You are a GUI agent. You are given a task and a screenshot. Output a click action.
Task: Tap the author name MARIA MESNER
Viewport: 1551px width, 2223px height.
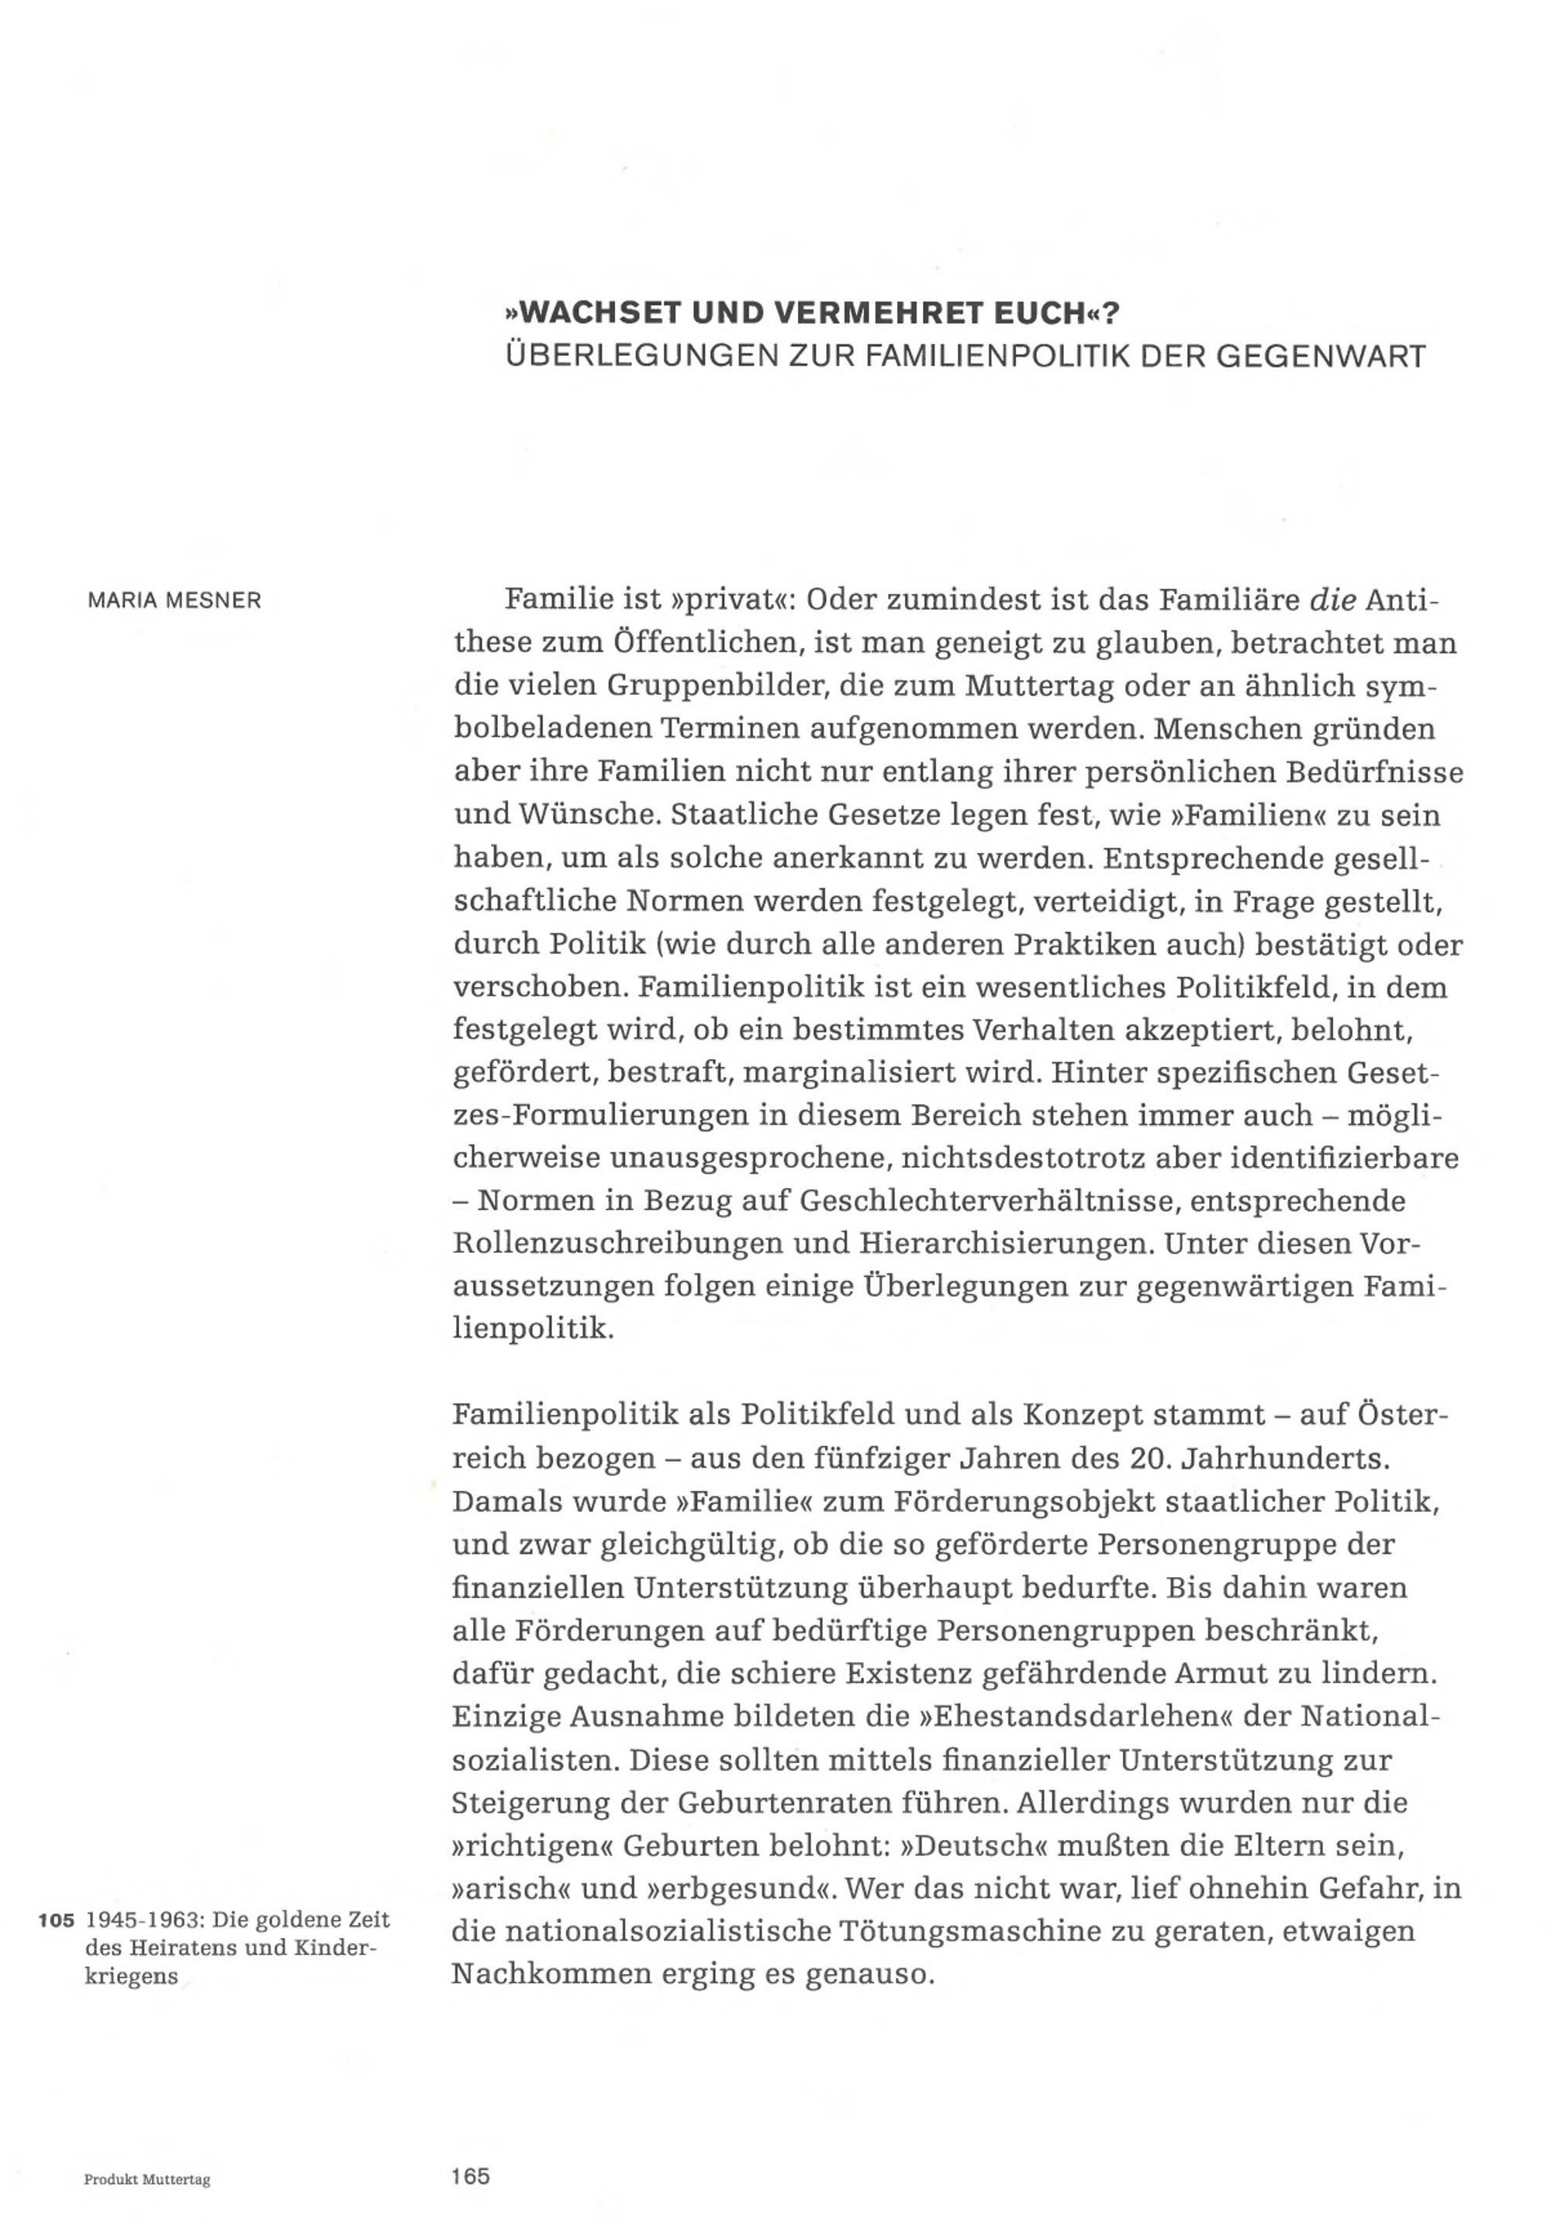(174, 600)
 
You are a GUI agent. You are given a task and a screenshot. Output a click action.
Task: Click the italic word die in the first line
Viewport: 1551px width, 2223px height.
(1332, 600)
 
